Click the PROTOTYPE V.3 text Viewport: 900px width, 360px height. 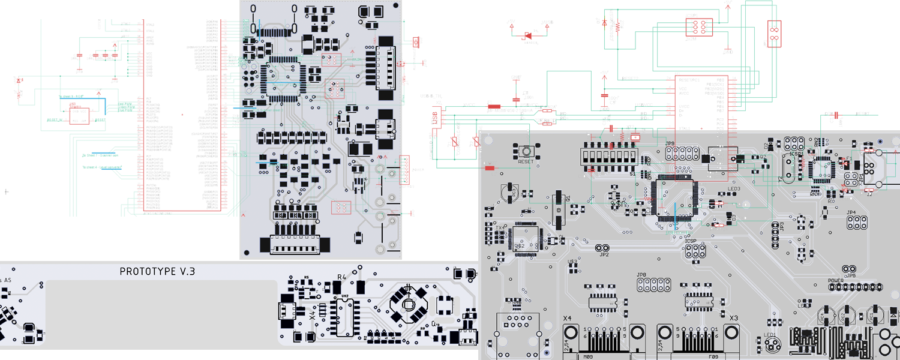click(157, 272)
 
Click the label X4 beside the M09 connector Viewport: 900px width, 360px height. click(567, 317)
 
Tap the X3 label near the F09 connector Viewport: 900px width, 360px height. click(733, 317)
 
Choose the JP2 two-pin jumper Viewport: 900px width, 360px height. click(602, 248)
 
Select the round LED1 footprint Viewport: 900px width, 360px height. click(772, 344)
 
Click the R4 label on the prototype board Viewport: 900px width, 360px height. click(342, 277)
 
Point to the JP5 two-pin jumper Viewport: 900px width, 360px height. click(849, 269)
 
